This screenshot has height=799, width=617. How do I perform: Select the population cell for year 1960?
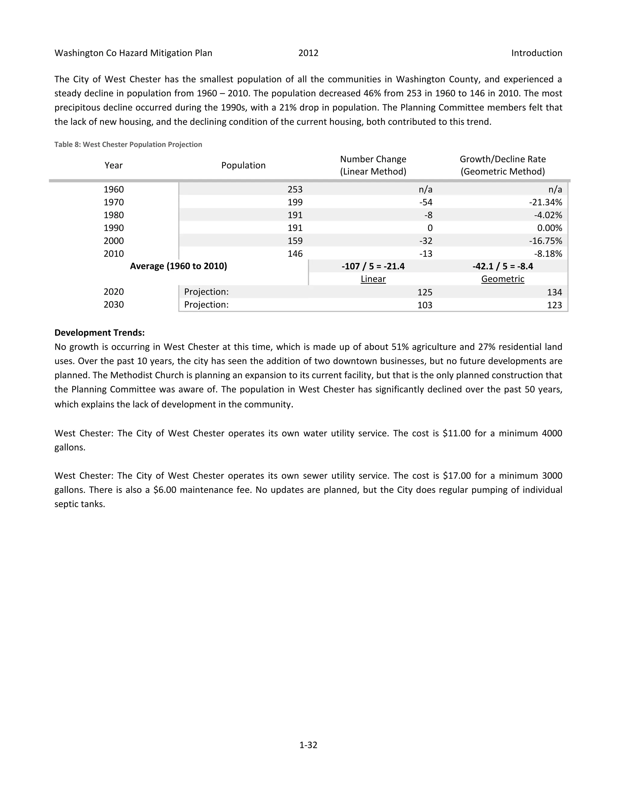coord(295,190)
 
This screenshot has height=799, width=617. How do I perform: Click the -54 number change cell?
coord(425,202)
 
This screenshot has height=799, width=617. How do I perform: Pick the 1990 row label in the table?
coord(114,228)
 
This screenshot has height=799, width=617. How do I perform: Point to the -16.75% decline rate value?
coord(545,241)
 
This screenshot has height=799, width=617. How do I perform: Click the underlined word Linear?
coord(373,279)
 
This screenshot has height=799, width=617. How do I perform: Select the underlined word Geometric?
coord(503,279)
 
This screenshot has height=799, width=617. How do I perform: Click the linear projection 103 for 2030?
coord(425,305)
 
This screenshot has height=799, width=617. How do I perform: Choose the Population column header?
coord(243,165)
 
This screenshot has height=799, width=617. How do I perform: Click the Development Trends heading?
coord(99,333)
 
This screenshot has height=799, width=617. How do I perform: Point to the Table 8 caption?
coord(128,144)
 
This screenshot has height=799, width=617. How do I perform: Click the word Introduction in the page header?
coord(536,53)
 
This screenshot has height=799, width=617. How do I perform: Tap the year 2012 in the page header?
coord(308,53)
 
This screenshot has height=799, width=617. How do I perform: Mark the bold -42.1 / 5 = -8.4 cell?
coord(503,266)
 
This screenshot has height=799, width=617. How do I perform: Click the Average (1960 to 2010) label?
coord(178,266)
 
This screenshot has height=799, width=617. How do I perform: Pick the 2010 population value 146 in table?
coord(295,254)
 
